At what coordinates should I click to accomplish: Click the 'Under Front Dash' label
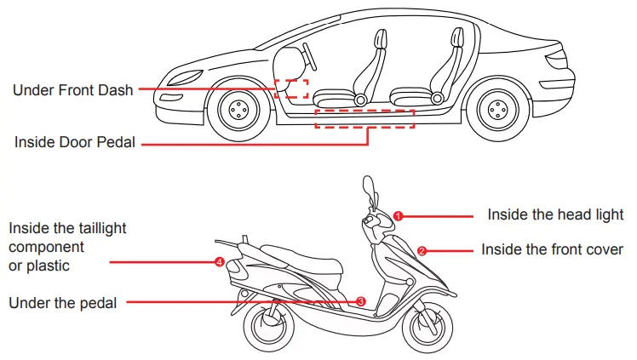(73, 89)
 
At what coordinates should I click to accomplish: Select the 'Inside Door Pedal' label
(75, 142)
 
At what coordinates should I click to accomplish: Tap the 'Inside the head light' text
(555, 214)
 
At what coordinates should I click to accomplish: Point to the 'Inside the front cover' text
(552, 250)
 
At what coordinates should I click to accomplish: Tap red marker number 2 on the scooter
(422, 251)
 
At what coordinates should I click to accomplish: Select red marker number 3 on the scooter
(361, 301)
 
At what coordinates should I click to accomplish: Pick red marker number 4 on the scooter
(220, 262)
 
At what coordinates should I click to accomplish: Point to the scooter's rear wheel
(272, 328)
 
